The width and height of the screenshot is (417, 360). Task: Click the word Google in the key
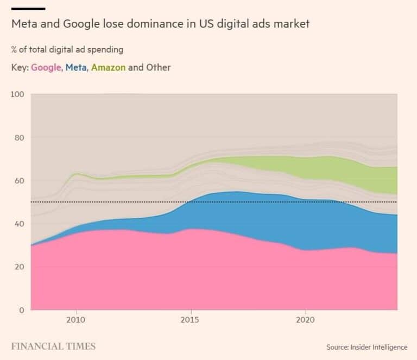click(46, 68)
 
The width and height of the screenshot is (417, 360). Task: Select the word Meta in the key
click(75, 68)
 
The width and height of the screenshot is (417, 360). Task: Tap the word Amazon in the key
click(109, 68)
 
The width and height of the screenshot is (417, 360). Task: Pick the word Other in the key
click(159, 68)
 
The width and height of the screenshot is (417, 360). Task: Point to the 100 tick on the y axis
click(17, 94)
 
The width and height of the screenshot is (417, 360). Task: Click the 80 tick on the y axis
click(20, 137)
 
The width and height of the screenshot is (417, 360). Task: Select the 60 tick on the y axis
click(20, 181)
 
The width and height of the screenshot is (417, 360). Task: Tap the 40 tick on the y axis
click(20, 224)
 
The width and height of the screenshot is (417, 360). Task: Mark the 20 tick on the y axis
click(20, 267)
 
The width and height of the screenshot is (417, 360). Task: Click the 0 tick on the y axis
click(22, 310)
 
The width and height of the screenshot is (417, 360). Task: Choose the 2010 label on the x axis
click(77, 320)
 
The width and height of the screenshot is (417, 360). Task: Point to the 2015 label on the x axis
click(191, 320)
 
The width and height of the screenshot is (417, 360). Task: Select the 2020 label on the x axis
click(305, 320)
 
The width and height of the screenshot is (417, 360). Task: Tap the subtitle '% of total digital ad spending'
click(67, 50)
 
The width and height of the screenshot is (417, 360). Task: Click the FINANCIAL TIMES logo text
click(53, 346)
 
